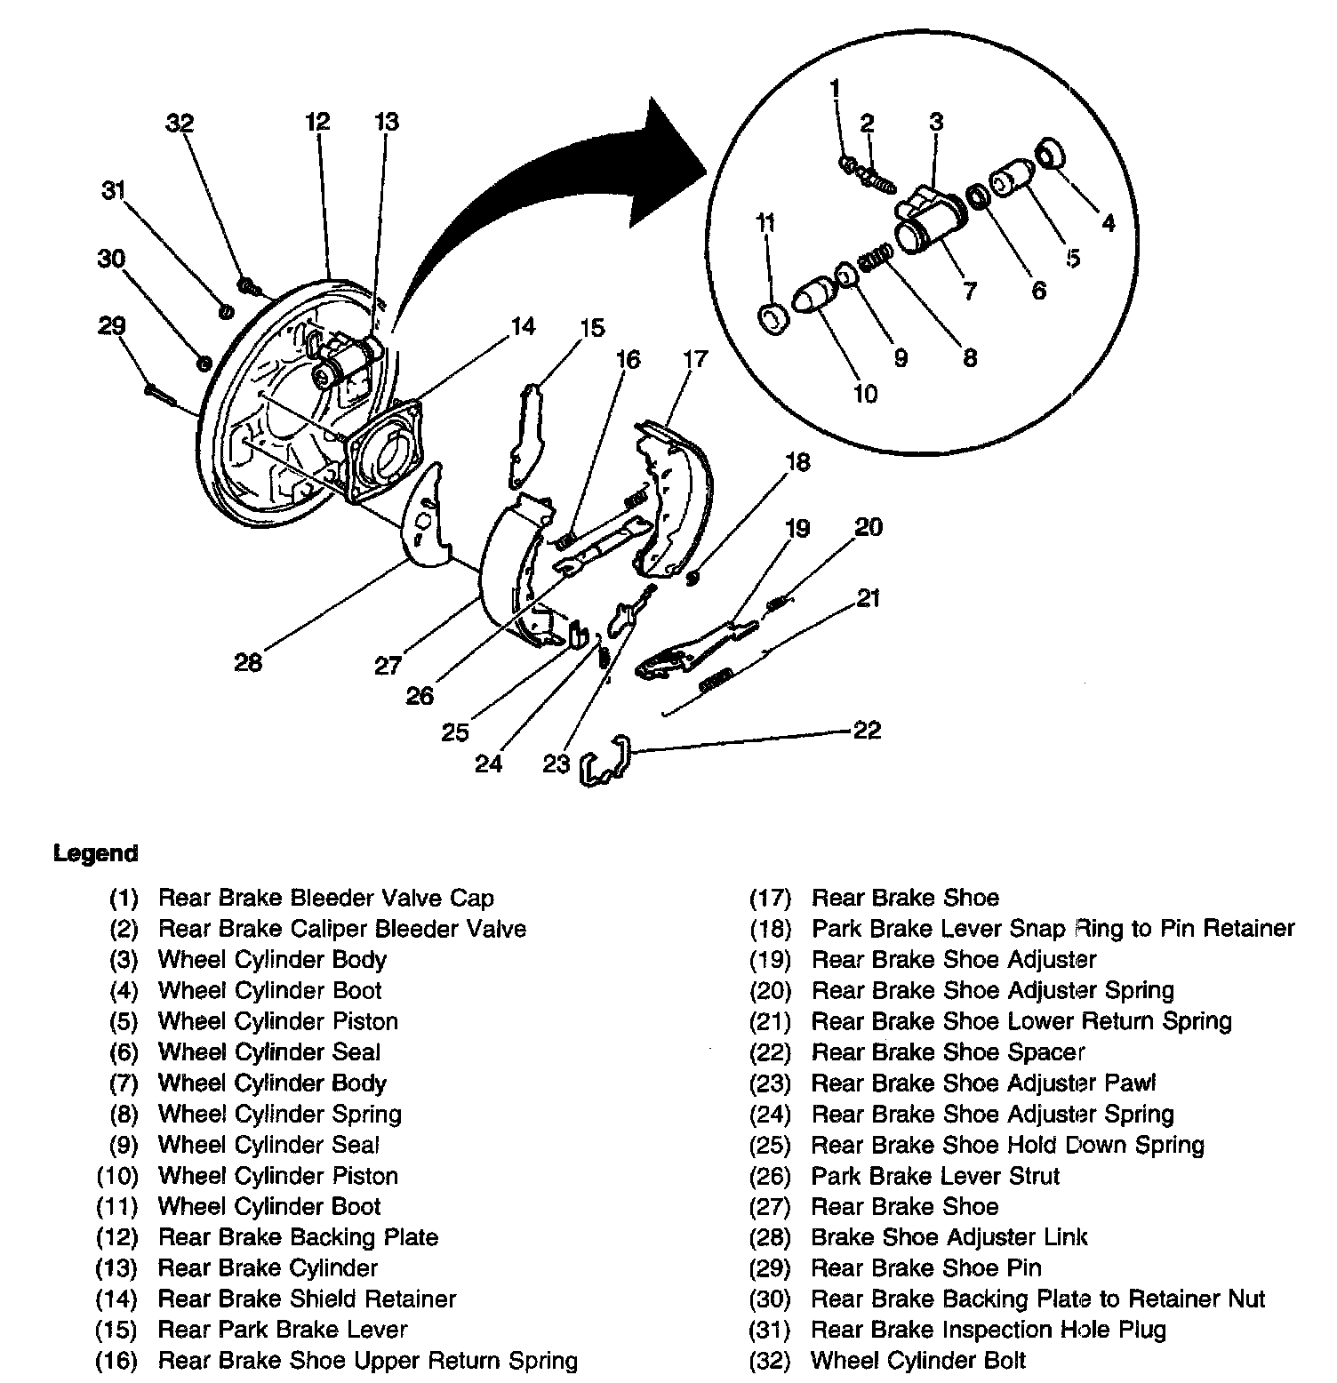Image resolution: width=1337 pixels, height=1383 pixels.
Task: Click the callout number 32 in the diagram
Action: [x=180, y=124]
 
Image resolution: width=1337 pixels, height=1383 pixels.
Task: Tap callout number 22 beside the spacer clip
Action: [x=867, y=731]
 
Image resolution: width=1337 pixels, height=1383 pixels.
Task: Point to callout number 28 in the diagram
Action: [x=248, y=662]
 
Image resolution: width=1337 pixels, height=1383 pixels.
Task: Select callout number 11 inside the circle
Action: [x=765, y=222]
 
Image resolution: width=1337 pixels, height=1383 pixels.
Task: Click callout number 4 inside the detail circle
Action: [x=1108, y=222]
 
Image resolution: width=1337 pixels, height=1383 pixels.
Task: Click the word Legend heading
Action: [x=96, y=854]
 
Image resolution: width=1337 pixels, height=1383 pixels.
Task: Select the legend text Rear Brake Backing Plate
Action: [x=298, y=1237]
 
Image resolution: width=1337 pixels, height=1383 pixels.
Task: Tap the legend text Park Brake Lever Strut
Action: [x=935, y=1176]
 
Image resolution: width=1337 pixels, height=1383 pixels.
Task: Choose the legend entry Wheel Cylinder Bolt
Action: [x=918, y=1361]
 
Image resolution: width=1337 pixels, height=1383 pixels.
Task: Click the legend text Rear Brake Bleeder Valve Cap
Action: [x=325, y=898]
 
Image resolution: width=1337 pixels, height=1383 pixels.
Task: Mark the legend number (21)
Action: [x=770, y=1021]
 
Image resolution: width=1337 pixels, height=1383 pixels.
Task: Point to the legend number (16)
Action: [x=116, y=1361]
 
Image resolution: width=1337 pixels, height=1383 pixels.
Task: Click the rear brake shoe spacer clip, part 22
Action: [x=605, y=761]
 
